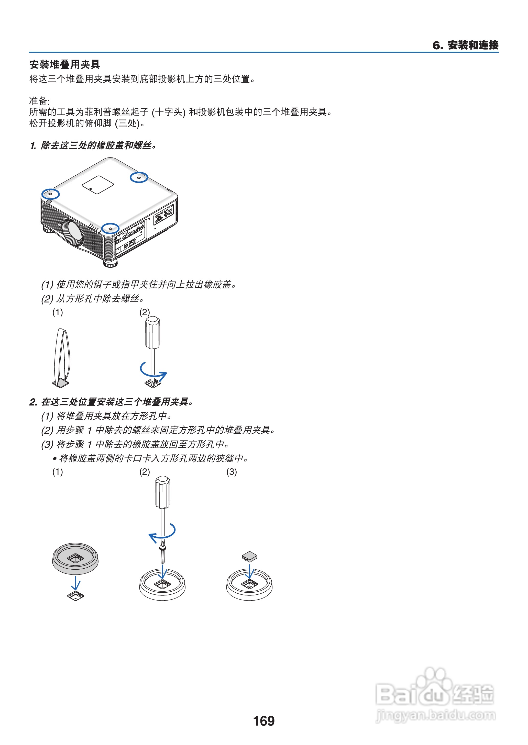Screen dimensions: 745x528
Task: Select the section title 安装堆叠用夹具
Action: [65, 64]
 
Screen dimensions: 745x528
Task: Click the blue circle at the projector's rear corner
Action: [139, 177]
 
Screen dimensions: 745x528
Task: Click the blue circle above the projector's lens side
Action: [50, 194]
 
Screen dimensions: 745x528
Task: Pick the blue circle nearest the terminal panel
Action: [110, 228]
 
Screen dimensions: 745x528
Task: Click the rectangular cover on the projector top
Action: [97, 185]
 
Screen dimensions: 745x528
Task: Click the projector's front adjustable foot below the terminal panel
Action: [111, 263]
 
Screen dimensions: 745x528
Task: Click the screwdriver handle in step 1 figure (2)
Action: [152, 332]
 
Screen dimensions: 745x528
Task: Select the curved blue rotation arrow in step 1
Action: [153, 372]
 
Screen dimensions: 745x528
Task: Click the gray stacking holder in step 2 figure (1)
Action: [75, 558]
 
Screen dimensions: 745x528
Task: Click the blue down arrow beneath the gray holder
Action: [75, 583]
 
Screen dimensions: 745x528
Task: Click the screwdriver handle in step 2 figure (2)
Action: [162, 492]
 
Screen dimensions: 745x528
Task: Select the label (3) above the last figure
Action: [232, 471]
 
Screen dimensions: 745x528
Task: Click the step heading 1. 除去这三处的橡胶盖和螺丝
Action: [93, 145]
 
